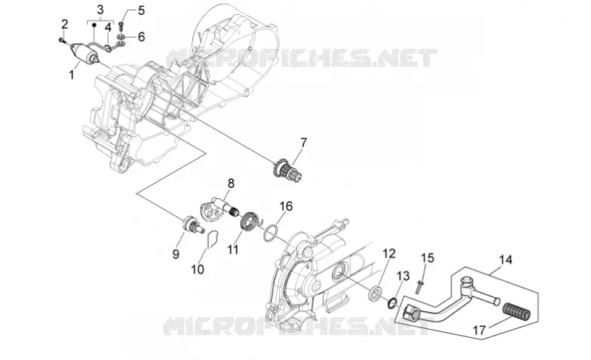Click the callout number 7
(304, 143)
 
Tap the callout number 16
(286, 206)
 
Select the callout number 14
(506, 259)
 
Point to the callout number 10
(197, 269)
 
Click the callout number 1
(71, 75)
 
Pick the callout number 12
(389, 254)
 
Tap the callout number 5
(141, 10)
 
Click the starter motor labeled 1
(85, 52)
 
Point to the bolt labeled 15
(419, 286)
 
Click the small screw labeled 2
(62, 40)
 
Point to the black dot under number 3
(95, 25)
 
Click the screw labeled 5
(121, 27)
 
